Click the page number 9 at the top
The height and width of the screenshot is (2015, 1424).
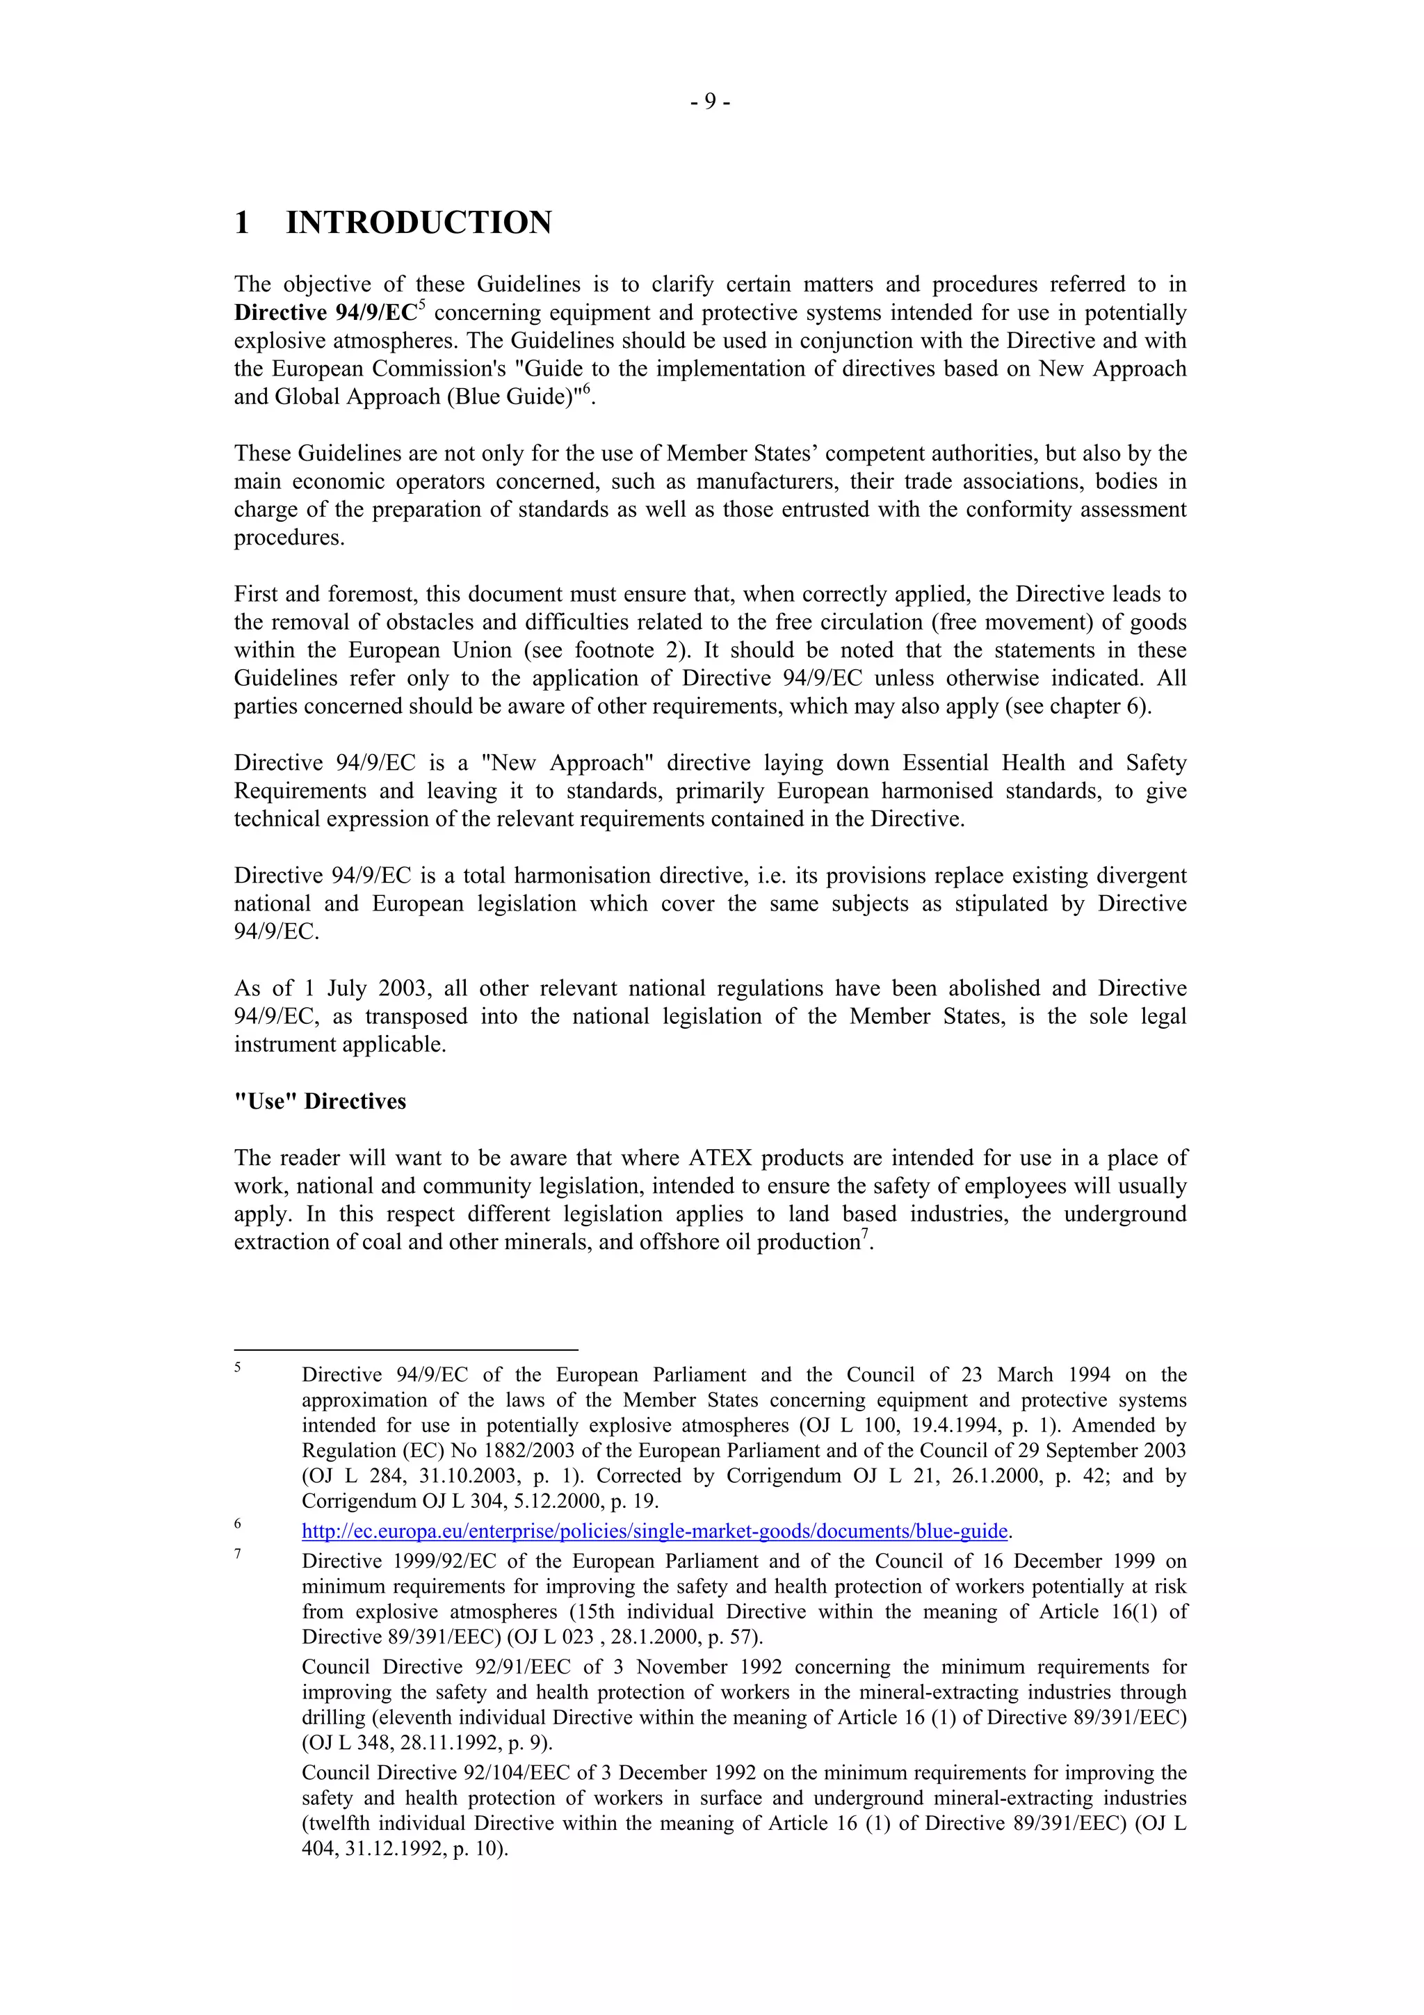(x=711, y=102)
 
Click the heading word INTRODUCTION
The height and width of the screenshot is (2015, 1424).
(x=419, y=223)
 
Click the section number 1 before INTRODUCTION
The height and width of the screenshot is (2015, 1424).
(x=241, y=223)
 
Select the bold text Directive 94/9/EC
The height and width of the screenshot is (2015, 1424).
(x=325, y=313)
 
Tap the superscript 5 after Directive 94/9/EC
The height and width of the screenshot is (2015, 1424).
(x=422, y=305)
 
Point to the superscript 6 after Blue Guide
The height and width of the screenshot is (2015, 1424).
(x=587, y=389)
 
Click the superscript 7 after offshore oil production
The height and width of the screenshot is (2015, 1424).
(x=864, y=1234)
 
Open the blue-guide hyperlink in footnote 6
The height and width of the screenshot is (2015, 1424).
(x=654, y=1532)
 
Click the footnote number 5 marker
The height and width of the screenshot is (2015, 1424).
(x=238, y=1367)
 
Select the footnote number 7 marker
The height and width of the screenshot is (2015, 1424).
(x=238, y=1555)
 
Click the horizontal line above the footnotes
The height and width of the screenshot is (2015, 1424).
(x=405, y=1349)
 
